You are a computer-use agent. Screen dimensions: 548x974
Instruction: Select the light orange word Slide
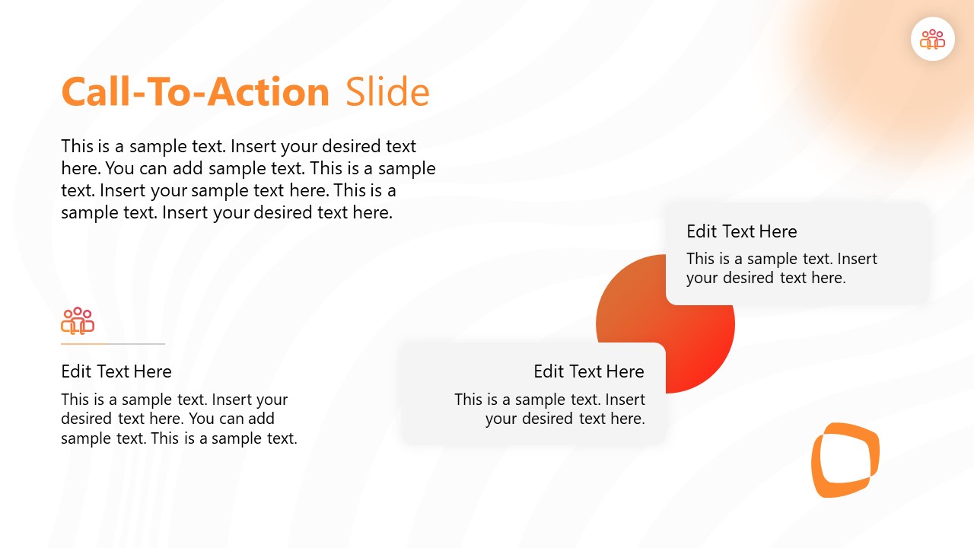387,92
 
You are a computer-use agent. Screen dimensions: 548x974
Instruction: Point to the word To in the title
170,92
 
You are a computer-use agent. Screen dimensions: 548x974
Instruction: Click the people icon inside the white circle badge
932,39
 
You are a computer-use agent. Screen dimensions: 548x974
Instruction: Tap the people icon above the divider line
78,321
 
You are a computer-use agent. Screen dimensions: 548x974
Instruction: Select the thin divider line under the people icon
113,344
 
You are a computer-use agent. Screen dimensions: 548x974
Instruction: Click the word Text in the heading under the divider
116,371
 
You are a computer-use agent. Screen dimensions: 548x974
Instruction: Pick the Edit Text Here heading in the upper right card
741,231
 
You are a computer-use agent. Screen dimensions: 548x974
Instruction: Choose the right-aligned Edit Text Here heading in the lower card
588,371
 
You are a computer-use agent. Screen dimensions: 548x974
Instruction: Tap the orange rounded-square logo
845,460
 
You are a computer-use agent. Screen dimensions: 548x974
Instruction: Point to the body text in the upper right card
781,268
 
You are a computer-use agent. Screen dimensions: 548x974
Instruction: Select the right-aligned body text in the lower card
549,409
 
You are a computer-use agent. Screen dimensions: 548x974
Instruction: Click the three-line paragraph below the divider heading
179,419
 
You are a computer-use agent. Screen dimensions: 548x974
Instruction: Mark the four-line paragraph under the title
248,179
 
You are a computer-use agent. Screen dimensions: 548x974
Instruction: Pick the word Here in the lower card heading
625,371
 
